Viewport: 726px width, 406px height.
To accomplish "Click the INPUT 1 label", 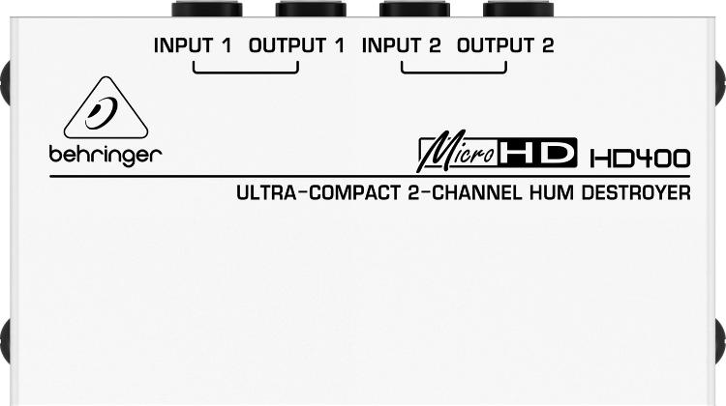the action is pos(193,45).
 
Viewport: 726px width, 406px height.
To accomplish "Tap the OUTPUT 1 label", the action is pos(297,45).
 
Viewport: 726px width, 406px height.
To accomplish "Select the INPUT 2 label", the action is pos(401,45).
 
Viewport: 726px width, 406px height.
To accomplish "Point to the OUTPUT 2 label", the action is pos(505,45).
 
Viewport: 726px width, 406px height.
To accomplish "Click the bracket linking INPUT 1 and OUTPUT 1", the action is pos(246,72).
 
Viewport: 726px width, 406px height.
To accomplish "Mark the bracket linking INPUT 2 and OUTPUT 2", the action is pos(454,72).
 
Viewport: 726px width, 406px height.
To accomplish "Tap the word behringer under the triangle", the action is pos(106,156).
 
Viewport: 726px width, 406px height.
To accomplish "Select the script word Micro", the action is pos(458,152).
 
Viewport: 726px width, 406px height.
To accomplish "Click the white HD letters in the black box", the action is pos(537,153).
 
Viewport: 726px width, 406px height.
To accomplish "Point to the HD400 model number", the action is pos(640,159).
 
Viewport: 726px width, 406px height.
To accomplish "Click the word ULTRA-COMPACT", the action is pos(318,192).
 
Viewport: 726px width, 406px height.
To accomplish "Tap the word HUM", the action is pos(552,192).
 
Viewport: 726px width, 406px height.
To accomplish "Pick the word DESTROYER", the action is pos(636,192).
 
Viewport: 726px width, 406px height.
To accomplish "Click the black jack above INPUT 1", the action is pos(207,10).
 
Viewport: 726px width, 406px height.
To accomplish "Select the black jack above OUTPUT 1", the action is pos(311,10).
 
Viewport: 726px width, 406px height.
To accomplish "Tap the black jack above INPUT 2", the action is pos(415,10).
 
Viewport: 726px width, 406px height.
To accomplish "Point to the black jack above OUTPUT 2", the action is pos(519,10).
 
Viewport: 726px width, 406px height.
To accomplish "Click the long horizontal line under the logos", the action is pos(370,176).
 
